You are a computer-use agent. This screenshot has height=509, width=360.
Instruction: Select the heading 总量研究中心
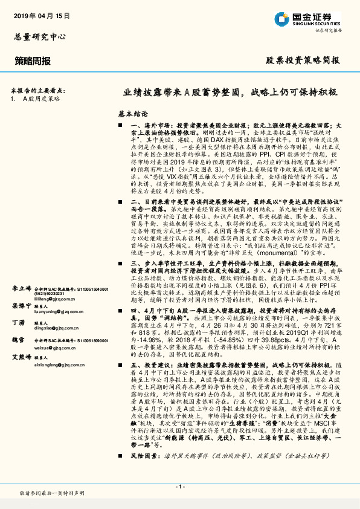coord(39,37)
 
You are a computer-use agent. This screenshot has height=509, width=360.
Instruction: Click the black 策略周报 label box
coord(33,60)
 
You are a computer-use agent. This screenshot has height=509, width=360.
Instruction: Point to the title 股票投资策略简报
coord(303,60)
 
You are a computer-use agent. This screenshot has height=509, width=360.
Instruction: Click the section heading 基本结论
coord(133,113)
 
